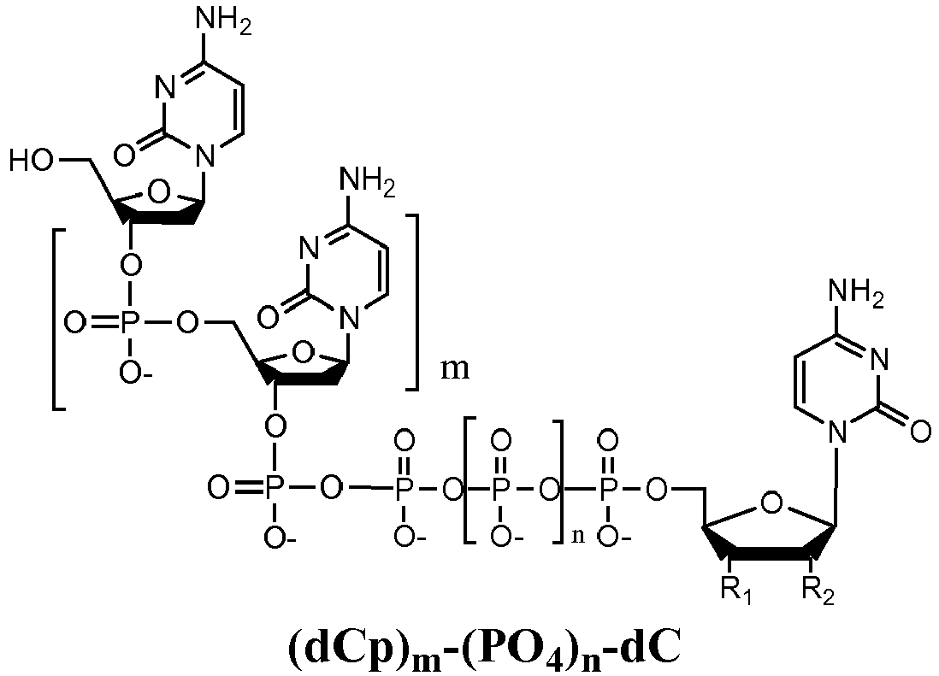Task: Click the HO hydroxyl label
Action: coord(32,161)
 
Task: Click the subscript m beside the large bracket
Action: coord(455,370)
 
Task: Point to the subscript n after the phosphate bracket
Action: coord(578,535)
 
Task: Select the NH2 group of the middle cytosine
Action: coord(368,182)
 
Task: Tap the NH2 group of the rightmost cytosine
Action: coord(856,295)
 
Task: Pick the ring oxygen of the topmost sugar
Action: coord(158,192)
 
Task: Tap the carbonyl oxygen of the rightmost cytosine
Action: coord(921,431)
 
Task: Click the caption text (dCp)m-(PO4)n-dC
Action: coord(485,650)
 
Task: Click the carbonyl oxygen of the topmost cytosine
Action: coord(124,155)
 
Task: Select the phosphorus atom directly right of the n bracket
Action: coord(608,490)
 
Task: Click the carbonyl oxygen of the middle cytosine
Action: coord(269,316)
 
